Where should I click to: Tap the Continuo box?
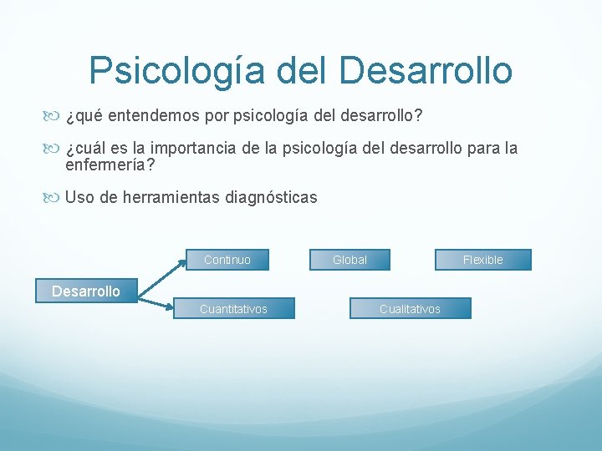tap(227, 260)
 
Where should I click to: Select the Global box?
tap(349, 260)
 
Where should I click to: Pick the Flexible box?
tap(482, 260)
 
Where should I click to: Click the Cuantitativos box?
tap(233, 309)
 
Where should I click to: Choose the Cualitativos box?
tap(410, 309)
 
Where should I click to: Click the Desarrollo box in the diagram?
tap(86, 291)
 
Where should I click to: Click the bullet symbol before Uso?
tap(55, 198)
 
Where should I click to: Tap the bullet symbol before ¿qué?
tap(55, 114)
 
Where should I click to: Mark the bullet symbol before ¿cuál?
tap(55, 149)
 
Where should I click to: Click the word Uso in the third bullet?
tap(79, 198)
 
